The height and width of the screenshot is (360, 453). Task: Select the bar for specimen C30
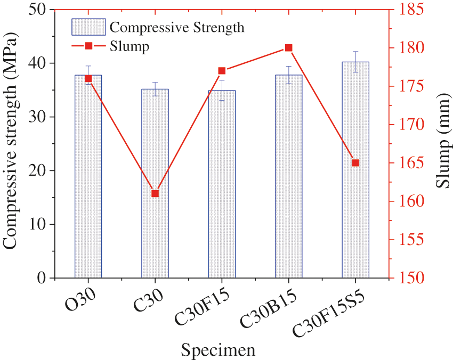pyautogui.click(x=155, y=234)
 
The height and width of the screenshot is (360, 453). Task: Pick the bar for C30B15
pyautogui.click(x=288, y=176)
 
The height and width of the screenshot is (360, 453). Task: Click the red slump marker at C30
pyautogui.click(x=155, y=193)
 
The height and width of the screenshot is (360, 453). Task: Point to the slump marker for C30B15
pyautogui.click(x=288, y=48)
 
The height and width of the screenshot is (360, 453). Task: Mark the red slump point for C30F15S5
pyautogui.click(x=355, y=163)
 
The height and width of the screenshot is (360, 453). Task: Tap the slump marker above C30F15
pyautogui.click(x=222, y=71)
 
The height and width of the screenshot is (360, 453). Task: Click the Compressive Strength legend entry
pyautogui.click(x=176, y=27)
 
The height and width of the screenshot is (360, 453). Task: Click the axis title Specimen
pyautogui.click(x=217, y=350)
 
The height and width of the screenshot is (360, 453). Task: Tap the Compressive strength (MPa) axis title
pyautogui.click(x=15, y=144)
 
